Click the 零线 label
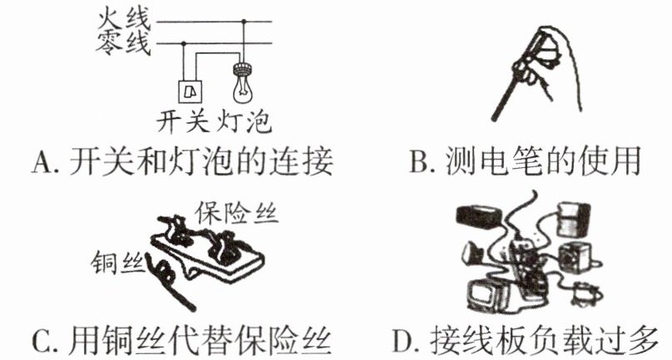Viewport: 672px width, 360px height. [x=123, y=44]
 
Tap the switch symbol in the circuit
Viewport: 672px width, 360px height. [x=190, y=91]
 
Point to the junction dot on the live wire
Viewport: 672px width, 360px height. [x=244, y=21]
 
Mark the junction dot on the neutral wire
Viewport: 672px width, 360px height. [x=184, y=43]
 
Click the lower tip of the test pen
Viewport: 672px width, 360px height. [x=494, y=118]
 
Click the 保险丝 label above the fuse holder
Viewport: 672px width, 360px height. [x=236, y=213]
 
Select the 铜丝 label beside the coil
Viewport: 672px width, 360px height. [x=116, y=262]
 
